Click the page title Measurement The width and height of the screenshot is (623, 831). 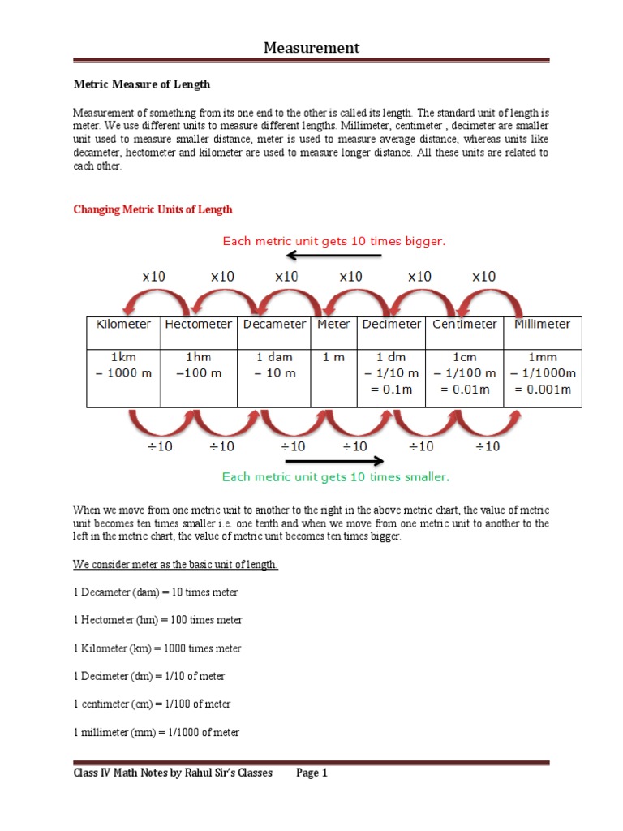pos(311,48)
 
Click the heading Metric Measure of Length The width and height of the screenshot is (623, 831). pos(142,84)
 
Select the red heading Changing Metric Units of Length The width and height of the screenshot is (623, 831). pos(153,209)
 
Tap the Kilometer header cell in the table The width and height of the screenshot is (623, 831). pos(123,324)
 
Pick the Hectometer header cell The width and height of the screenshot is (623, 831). pos(198,324)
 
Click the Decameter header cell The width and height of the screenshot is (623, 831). pos(274,324)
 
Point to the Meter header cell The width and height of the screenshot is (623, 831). pos(333,324)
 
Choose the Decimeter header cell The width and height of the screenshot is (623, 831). pos(392,324)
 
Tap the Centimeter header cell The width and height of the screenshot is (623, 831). pos(465,324)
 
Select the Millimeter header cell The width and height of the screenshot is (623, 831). pos(543,324)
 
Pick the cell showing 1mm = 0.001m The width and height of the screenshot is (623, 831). pos(543,373)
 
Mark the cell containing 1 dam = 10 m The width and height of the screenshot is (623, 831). pos(274,365)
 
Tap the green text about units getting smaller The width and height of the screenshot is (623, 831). pos(336,477)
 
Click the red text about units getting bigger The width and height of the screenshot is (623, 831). pos(335,241)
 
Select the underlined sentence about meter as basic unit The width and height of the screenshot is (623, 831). pos(176,564)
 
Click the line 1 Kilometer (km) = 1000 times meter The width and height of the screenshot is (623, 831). pos(157,648)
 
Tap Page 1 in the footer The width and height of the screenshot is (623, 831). pos(311,773)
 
